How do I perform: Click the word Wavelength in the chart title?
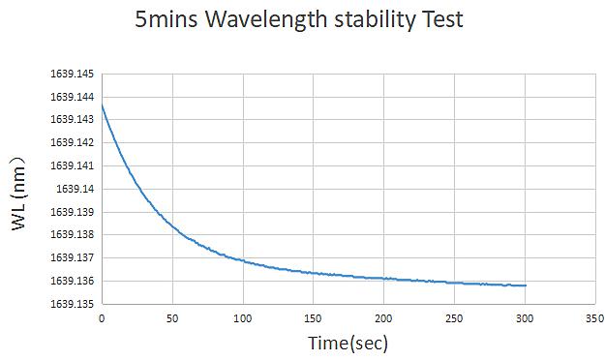tap(266, 20)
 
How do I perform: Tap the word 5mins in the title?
tap(166, 19)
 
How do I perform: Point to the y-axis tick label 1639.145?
tap(73, 74)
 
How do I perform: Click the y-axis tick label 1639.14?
tap(75, 189)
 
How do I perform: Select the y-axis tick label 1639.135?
tap(73, 304)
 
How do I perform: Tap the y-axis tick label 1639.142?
tap(73, 143)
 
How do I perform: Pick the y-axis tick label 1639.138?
tap(73, 234)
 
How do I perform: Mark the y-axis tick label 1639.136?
tap(73, 281)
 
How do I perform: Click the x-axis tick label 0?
tap(102, 318)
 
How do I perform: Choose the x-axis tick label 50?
tap(172, 318)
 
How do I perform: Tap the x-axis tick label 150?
tap(313, 318)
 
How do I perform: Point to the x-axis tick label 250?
tap(454, 318)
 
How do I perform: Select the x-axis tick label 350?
tap(595, 318)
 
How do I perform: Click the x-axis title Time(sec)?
tap(348, 343)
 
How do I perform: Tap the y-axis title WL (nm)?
tap(17, 194)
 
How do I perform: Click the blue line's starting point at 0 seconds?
tap(102, 105)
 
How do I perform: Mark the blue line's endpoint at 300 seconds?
tap(526, 285)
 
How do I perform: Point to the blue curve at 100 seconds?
tap(243, 261)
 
